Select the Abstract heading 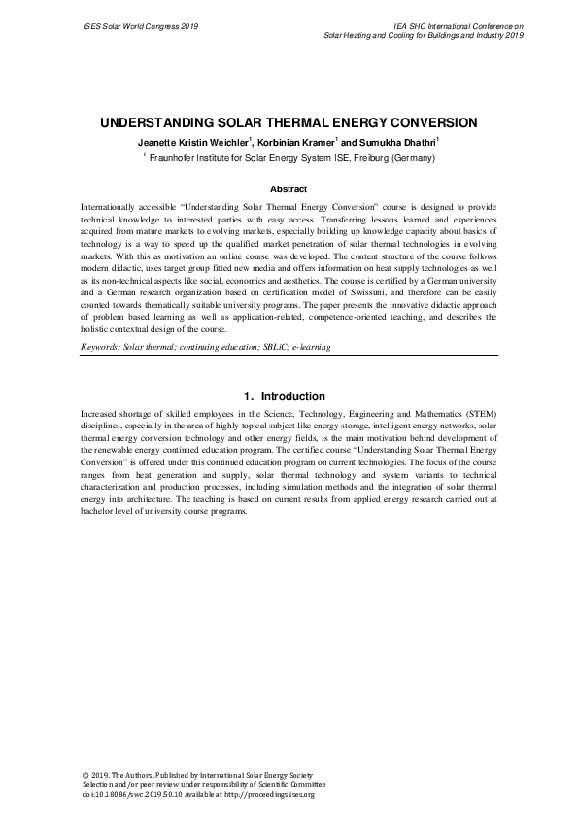pos(289,189)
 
